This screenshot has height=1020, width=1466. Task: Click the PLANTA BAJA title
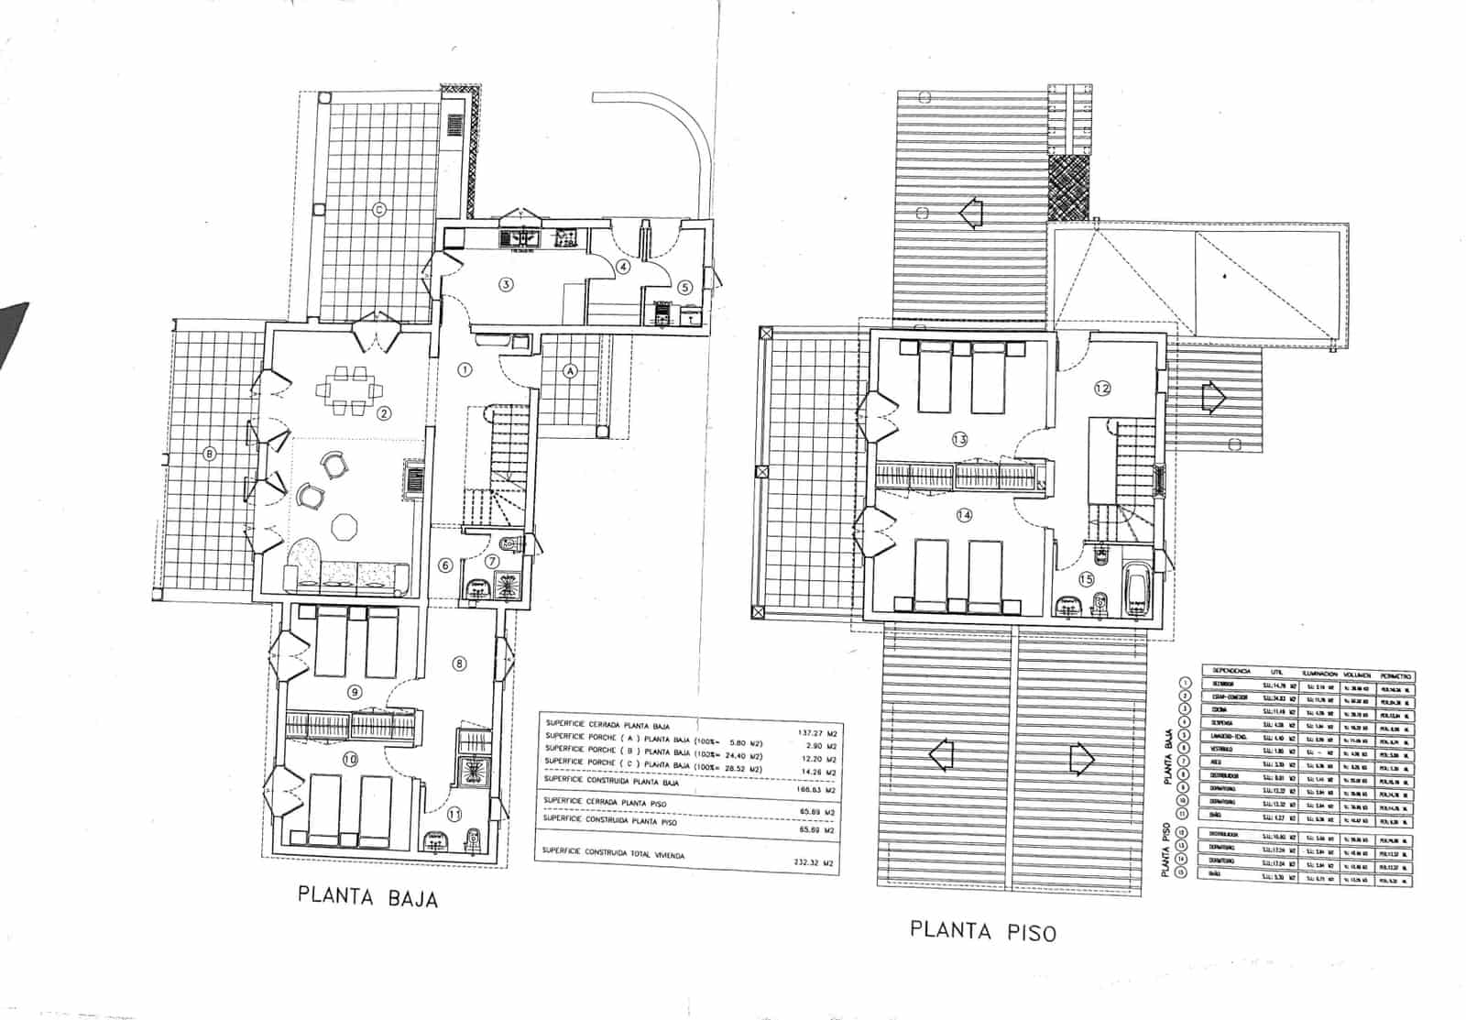[367, 895]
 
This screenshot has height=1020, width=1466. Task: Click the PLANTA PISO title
[982, 930]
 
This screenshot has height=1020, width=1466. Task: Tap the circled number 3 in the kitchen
[505, 284]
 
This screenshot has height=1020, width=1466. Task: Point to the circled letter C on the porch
[378, 210]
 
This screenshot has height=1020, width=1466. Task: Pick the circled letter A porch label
[571, 371]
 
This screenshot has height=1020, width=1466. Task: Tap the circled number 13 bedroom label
[959, 439]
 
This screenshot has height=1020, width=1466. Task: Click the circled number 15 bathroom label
[1086, 579]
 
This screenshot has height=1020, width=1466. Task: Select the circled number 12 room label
[1102, 388]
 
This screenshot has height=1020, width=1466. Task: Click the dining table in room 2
[348, 390]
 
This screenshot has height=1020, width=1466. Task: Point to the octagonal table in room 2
[345, 529]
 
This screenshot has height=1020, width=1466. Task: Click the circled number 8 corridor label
[459, 664]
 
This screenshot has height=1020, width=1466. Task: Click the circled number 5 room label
[684, 287]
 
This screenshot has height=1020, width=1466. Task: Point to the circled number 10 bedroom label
[349, 758]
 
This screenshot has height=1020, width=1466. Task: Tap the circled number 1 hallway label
[465, 370]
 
